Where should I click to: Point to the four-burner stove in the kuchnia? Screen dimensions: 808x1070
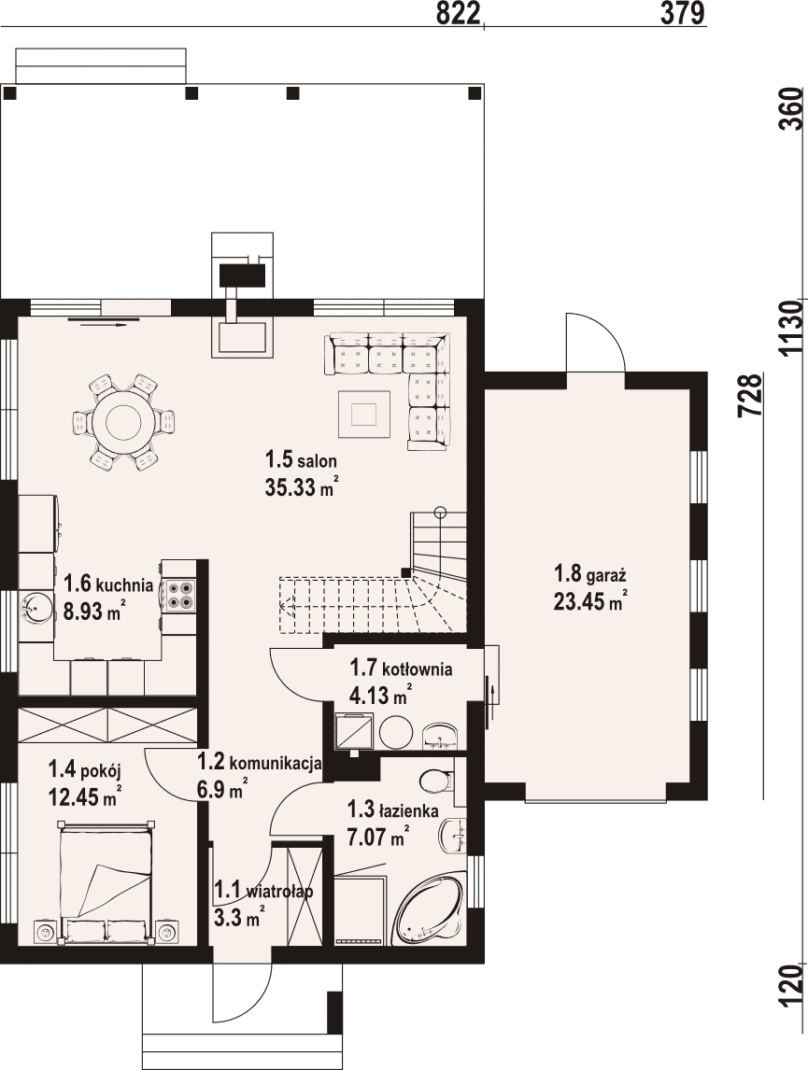click(x=180, y=593)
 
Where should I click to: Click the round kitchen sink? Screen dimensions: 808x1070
click(x=35, y=607)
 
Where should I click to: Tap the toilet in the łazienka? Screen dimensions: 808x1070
click(x=436, y=781)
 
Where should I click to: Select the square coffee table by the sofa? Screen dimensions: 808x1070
click(x=363, y=413)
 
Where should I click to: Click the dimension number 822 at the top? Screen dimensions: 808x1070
click(x=459, y=13)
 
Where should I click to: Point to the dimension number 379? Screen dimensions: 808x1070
click(x=682, y=13)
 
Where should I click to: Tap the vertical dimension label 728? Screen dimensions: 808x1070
click(x=750, y=395)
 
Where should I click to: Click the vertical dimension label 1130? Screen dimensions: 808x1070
click(x=791, y=329)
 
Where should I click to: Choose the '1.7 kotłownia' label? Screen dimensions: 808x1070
click(x=401, y=668)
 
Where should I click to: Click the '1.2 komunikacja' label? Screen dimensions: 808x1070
click(x=260, y=762)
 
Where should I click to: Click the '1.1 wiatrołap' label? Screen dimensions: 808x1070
click(x=263, y=890)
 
